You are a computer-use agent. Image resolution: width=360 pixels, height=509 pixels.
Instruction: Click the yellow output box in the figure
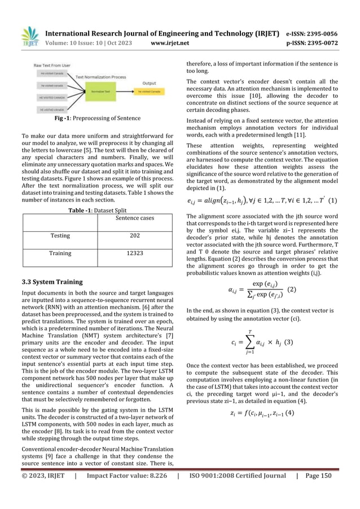pos(148,90)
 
